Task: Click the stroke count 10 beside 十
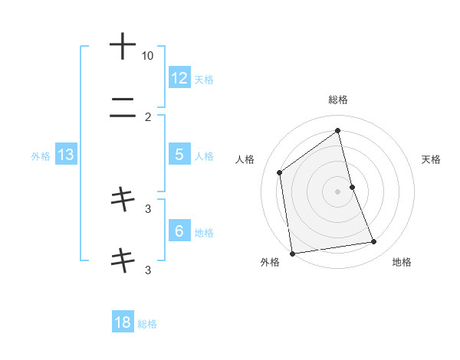click(x=147, y=56)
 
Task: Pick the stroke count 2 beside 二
click(x=148, y=117)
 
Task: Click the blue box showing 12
click(x=179, y=77)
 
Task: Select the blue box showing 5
click(x=179, y=155)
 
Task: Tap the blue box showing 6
click(x=179, y=231)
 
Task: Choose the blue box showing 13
click(x=66, y=155)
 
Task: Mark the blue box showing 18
click(x=123, y=322)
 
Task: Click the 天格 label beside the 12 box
click(x=204, y=79)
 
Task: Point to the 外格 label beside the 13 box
click(x=41, y=156)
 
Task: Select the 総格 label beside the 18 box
click(x=147, y=324)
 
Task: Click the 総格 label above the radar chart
click(x=338, y=100)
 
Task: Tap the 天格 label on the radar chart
click(x=432, y=159)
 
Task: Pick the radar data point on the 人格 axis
click(x=280, y=172)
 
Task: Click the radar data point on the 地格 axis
click(x=374, y=242)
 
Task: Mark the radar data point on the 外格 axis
click(x=292, y=253)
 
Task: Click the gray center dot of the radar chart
click(x=338, y=191)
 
